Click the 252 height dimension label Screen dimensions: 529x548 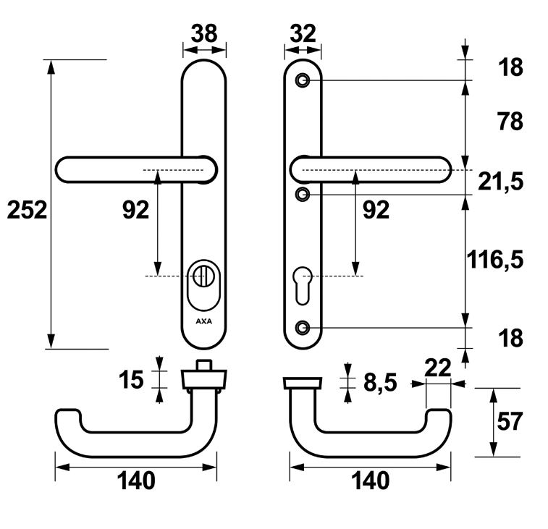click(x=27, y=210)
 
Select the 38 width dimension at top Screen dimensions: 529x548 click(x=203, y=33)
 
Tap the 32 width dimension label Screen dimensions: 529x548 click(x=302, y=33)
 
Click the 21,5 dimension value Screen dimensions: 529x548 click(x=500, y=182)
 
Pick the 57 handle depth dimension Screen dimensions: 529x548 click(x=510, y=421)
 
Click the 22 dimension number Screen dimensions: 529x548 click(x=437, y=368)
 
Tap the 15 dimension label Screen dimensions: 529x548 click(x=132, y=379)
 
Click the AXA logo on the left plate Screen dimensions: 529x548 click(x=203, y=320)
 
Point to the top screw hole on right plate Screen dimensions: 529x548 click(x=303, y=80)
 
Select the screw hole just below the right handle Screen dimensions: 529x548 click(x=303, y=194)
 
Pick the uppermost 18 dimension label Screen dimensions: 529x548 click(x=510, y=68)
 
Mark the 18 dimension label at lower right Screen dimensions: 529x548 click(x=510, y=338)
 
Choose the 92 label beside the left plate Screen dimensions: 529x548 click(x=135, y=210)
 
